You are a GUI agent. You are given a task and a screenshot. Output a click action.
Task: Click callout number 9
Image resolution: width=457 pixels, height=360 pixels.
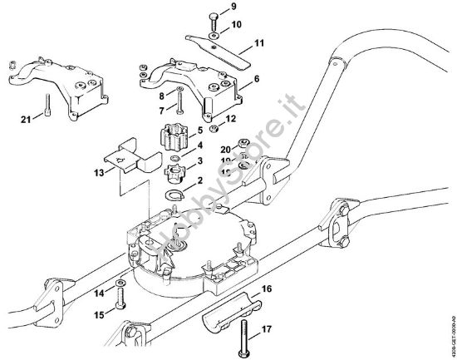click(x=233, y=7)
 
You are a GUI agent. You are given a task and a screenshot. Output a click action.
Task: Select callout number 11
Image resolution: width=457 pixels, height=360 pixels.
click(x=258, y=42)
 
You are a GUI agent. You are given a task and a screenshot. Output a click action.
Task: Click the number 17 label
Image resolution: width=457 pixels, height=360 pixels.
click(x=268, y=330)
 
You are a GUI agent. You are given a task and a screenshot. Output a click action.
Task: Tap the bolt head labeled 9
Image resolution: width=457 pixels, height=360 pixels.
click(x=214, y=17)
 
